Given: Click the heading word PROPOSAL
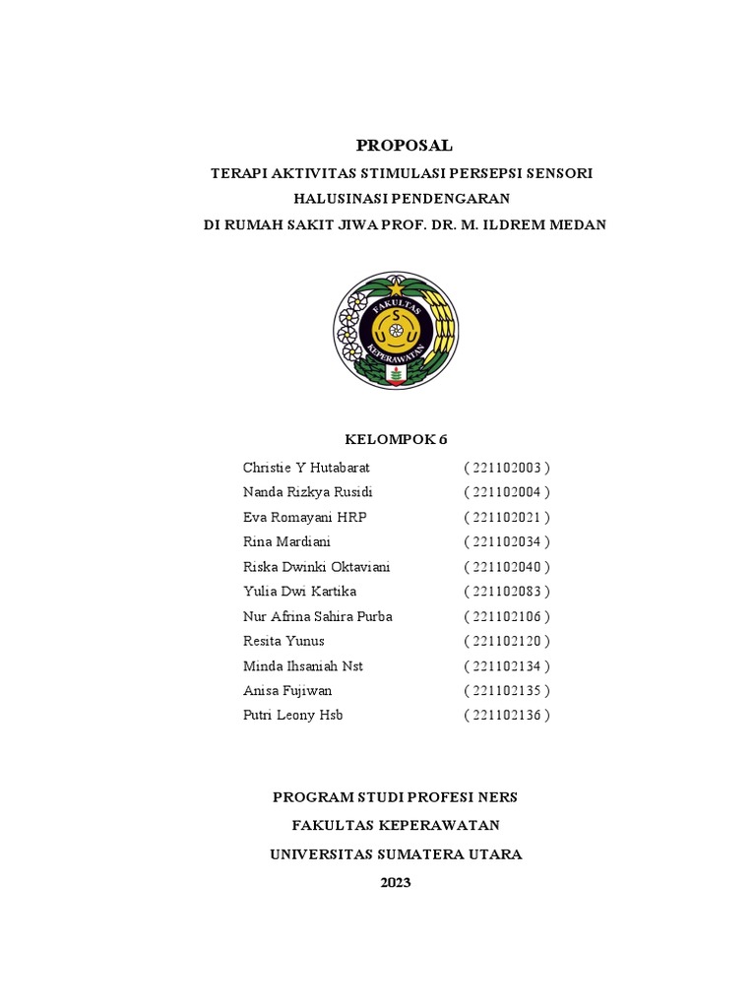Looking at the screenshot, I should pyautogui.click(x=404, y=146).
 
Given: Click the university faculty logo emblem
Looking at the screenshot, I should pyautogui.click(x=396, y=331).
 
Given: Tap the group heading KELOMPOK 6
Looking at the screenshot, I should pyautogui.click(x=396, y=439).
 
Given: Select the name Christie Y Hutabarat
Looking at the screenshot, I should pyautogui.click(x=306, y=468).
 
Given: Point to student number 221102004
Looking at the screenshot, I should pyautogui.click(x=507, y=492).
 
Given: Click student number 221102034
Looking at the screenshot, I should pyautogui.click(x=507, y=541).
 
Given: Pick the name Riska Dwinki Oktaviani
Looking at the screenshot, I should pyautogui.click(x=316, y=567).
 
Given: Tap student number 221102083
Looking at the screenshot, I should pyautogui.click(x=507, y=592).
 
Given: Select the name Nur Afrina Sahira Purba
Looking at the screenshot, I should pyautogui.click(x=317, y=616).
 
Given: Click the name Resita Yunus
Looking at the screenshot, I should pyautogui.click(x=283, y=641).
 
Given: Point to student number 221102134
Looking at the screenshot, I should pyautogui.click(x=507, y=666).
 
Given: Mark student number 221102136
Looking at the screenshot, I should pyautogui.click(x=507, y=716).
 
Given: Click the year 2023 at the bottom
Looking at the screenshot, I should pyautogui.click(x=396, y=883).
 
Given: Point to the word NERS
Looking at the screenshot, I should pyautogui.click(x=497, y=797).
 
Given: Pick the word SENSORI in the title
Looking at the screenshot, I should pyautogui.click(x=556, y=173).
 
